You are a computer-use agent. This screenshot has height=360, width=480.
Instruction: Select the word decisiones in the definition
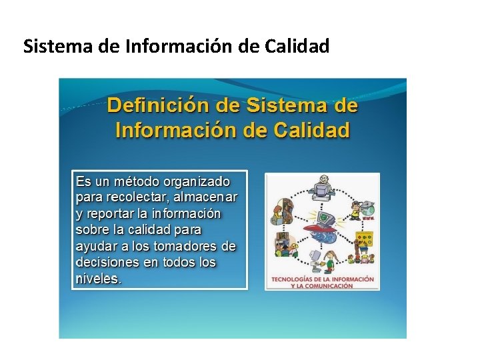(108, 263)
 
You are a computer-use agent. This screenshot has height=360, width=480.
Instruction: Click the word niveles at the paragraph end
(98, 279)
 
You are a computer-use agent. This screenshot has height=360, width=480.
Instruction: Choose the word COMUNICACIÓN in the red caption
(331, 285)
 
